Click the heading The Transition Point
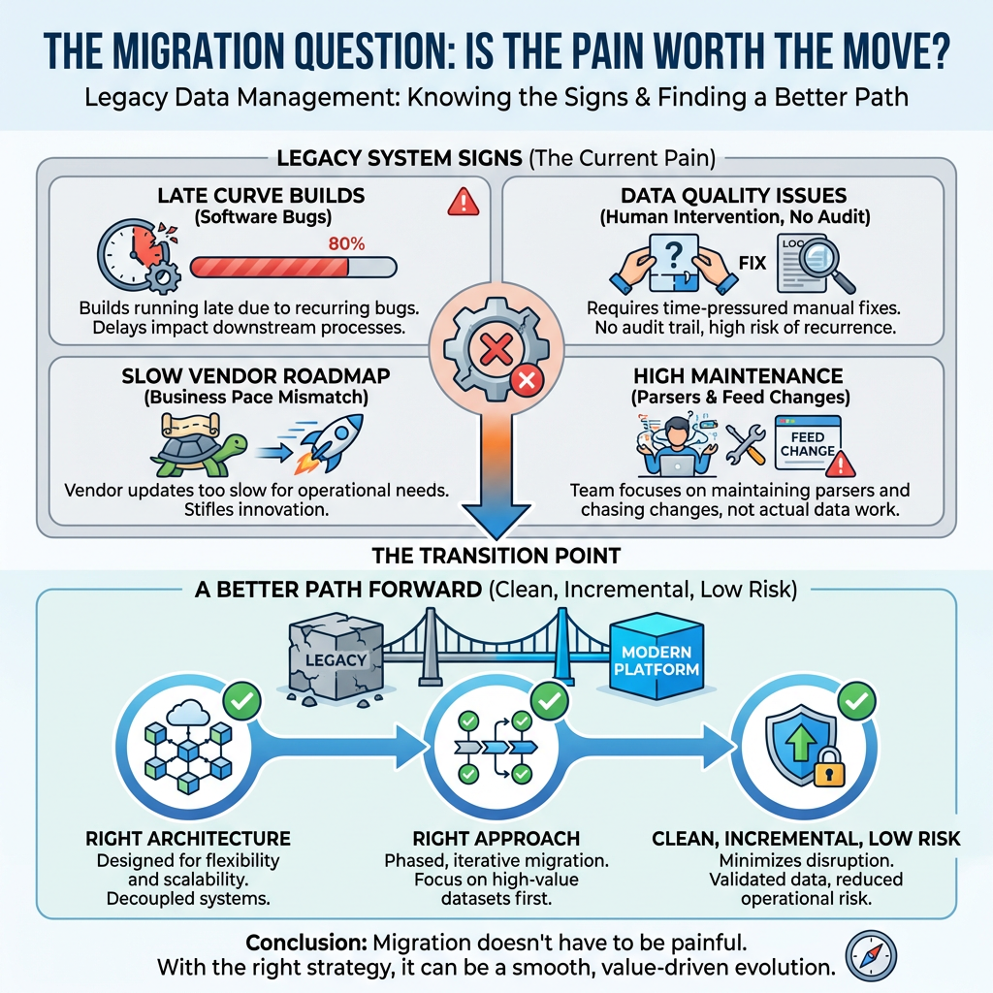[496, 556]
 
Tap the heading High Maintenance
[738, 375]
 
